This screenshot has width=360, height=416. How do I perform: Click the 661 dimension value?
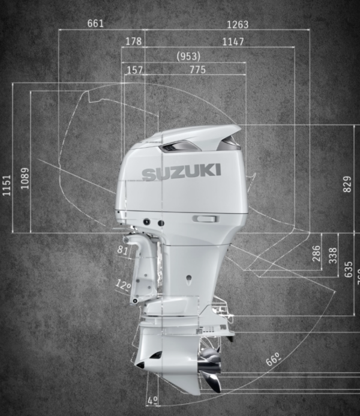click(95, 24)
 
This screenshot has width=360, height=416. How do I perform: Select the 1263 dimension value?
click(238, 25)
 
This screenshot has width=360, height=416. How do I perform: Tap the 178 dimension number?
click(134, 41)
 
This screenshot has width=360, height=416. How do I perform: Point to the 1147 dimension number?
click(233, 41)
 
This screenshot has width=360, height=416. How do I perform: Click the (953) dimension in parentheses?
click(188, 56)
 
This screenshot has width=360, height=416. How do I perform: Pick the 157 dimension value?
click(135, 70)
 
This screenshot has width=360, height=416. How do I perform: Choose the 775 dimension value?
click(193, 70)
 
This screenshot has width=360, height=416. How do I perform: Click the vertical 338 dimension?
click(333, 255)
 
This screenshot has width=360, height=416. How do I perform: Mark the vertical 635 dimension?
click(349, 269)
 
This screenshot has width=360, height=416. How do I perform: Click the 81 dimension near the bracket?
click(123, 250)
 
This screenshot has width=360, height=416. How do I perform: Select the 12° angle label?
click(123, 284)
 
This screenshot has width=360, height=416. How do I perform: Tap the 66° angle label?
click(274, 360)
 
